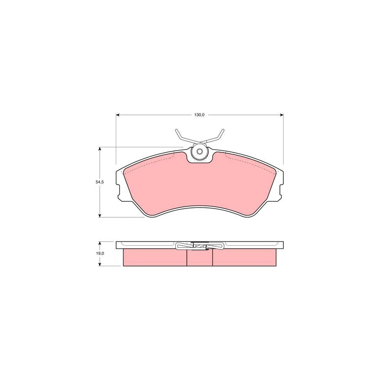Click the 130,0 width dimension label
[199, 115]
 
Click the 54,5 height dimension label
[99, 182]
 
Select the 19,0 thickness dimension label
[99, 254]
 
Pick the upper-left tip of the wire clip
[176, 131]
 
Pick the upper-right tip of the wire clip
[223, 131]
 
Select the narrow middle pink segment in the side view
[200, 258]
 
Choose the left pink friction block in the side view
[155, 257]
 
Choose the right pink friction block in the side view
[245, 257]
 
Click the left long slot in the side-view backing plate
[147, 244]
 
